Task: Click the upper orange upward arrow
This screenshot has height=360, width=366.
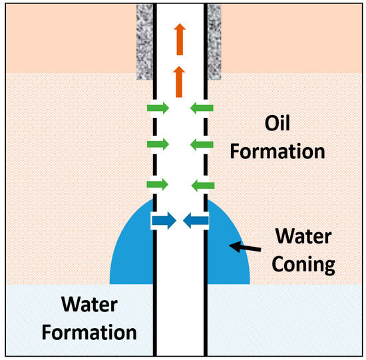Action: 179,39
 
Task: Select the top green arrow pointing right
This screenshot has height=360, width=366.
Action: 158,106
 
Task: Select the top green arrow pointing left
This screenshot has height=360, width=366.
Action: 202,106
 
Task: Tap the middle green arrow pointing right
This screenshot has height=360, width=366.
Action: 158,144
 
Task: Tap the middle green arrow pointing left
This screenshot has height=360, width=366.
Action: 202,144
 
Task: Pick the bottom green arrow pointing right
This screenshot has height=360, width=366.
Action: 158,183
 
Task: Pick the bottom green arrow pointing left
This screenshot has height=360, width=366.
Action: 202,183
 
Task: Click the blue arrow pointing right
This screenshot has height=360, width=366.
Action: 164,221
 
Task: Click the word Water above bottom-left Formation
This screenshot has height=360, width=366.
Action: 91,305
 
